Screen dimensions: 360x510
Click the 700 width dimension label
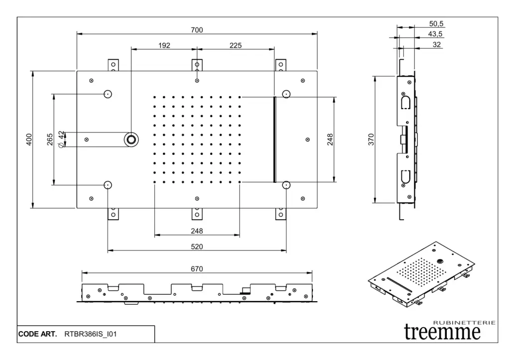pos(197,30)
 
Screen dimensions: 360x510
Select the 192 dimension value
pos(164,45)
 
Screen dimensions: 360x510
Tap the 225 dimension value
pos(236,45)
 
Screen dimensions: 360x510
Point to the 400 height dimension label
pos(29,140)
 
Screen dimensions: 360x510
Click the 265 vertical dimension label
pos(50,140)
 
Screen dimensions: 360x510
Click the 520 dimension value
pos(197,246)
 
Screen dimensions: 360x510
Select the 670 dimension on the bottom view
pos(197,269)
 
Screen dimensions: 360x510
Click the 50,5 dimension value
pos(436,23)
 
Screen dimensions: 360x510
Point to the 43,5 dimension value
pos(436,34)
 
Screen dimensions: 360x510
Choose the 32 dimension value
pos(437,44)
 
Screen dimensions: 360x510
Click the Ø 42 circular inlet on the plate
pos(131,139)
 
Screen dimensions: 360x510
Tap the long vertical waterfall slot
pos(274,139)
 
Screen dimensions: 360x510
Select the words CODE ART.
pos(37,334)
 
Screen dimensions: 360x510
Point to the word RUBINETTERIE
pos(464,323)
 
